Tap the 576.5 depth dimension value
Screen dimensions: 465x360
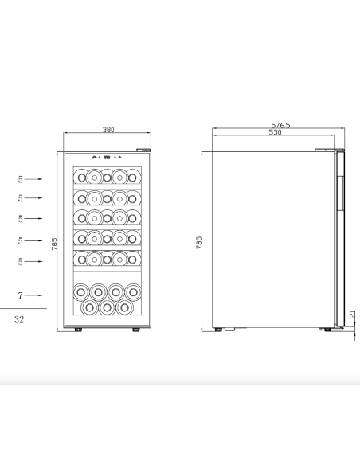(x=280, y=125)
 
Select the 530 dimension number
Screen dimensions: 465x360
(x=275, y=132)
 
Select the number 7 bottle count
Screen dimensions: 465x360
(x=21, y=295)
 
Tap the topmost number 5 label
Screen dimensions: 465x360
(x=20, y=179)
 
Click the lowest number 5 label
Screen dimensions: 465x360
(x=20, y=261)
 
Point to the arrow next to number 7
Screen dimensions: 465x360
(x=37, y=295)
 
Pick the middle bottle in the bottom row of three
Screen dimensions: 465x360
(x=106, y=306)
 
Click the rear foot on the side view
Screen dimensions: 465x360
(x=221, y=328)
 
